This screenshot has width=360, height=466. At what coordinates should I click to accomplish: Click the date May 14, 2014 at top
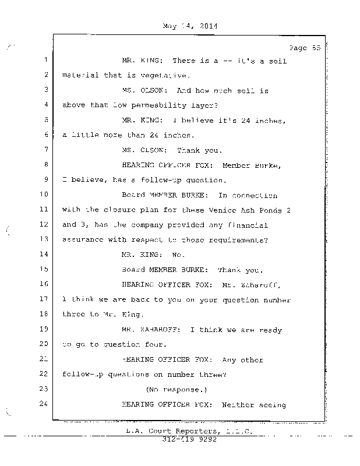(x=186, y=26)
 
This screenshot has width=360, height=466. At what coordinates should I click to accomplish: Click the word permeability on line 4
(x=164, y=105)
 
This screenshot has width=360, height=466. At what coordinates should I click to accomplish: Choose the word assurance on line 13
(x=82, y=239)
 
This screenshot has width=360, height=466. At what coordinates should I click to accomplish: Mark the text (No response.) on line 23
(x=177, y=389)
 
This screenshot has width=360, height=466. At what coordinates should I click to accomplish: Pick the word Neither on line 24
(x=239, y=404)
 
